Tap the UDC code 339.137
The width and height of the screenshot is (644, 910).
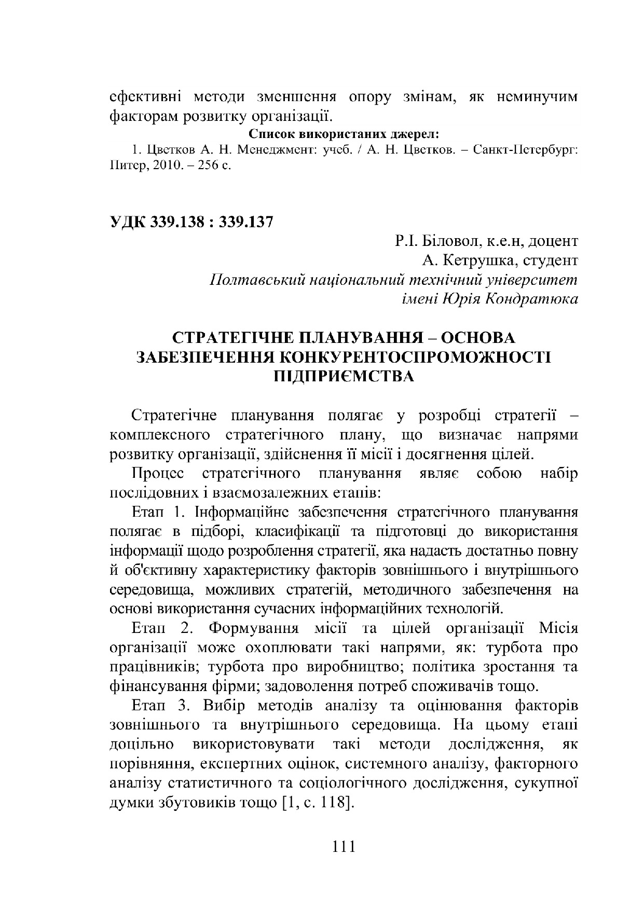[x=246, y=222]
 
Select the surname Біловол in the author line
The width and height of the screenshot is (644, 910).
[x=446, y=241]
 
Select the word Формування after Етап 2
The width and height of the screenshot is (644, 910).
[x=254, y=628]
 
